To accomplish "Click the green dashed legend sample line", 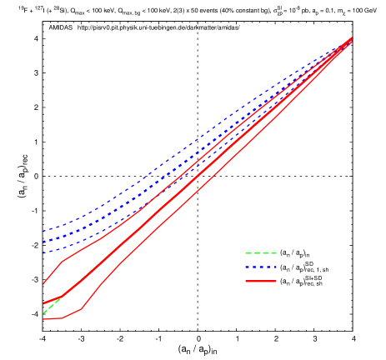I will (260, 253).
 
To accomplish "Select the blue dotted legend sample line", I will (260, 267).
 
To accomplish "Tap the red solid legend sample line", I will (260, 282).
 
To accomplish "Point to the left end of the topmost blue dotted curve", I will (43, 231).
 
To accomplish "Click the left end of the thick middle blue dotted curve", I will (43, 242).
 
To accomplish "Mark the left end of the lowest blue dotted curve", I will (43, 252).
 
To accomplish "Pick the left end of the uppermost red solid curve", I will (43, 284).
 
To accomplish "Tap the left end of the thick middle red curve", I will (43, 303).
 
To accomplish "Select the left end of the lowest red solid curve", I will (43, 318).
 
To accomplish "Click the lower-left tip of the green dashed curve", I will (43, 312).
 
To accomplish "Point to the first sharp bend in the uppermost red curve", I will (62, 262).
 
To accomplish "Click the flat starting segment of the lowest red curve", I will (53, 318).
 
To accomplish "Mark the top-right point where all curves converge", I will (351, 38).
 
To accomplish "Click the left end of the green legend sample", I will (245, 253).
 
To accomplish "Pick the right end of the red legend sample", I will (276, 282).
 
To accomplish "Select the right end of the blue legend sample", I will (276, 267).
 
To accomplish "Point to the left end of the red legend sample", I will (245, 282).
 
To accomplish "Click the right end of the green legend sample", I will (276, 253).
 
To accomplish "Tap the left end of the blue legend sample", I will (245, 267).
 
